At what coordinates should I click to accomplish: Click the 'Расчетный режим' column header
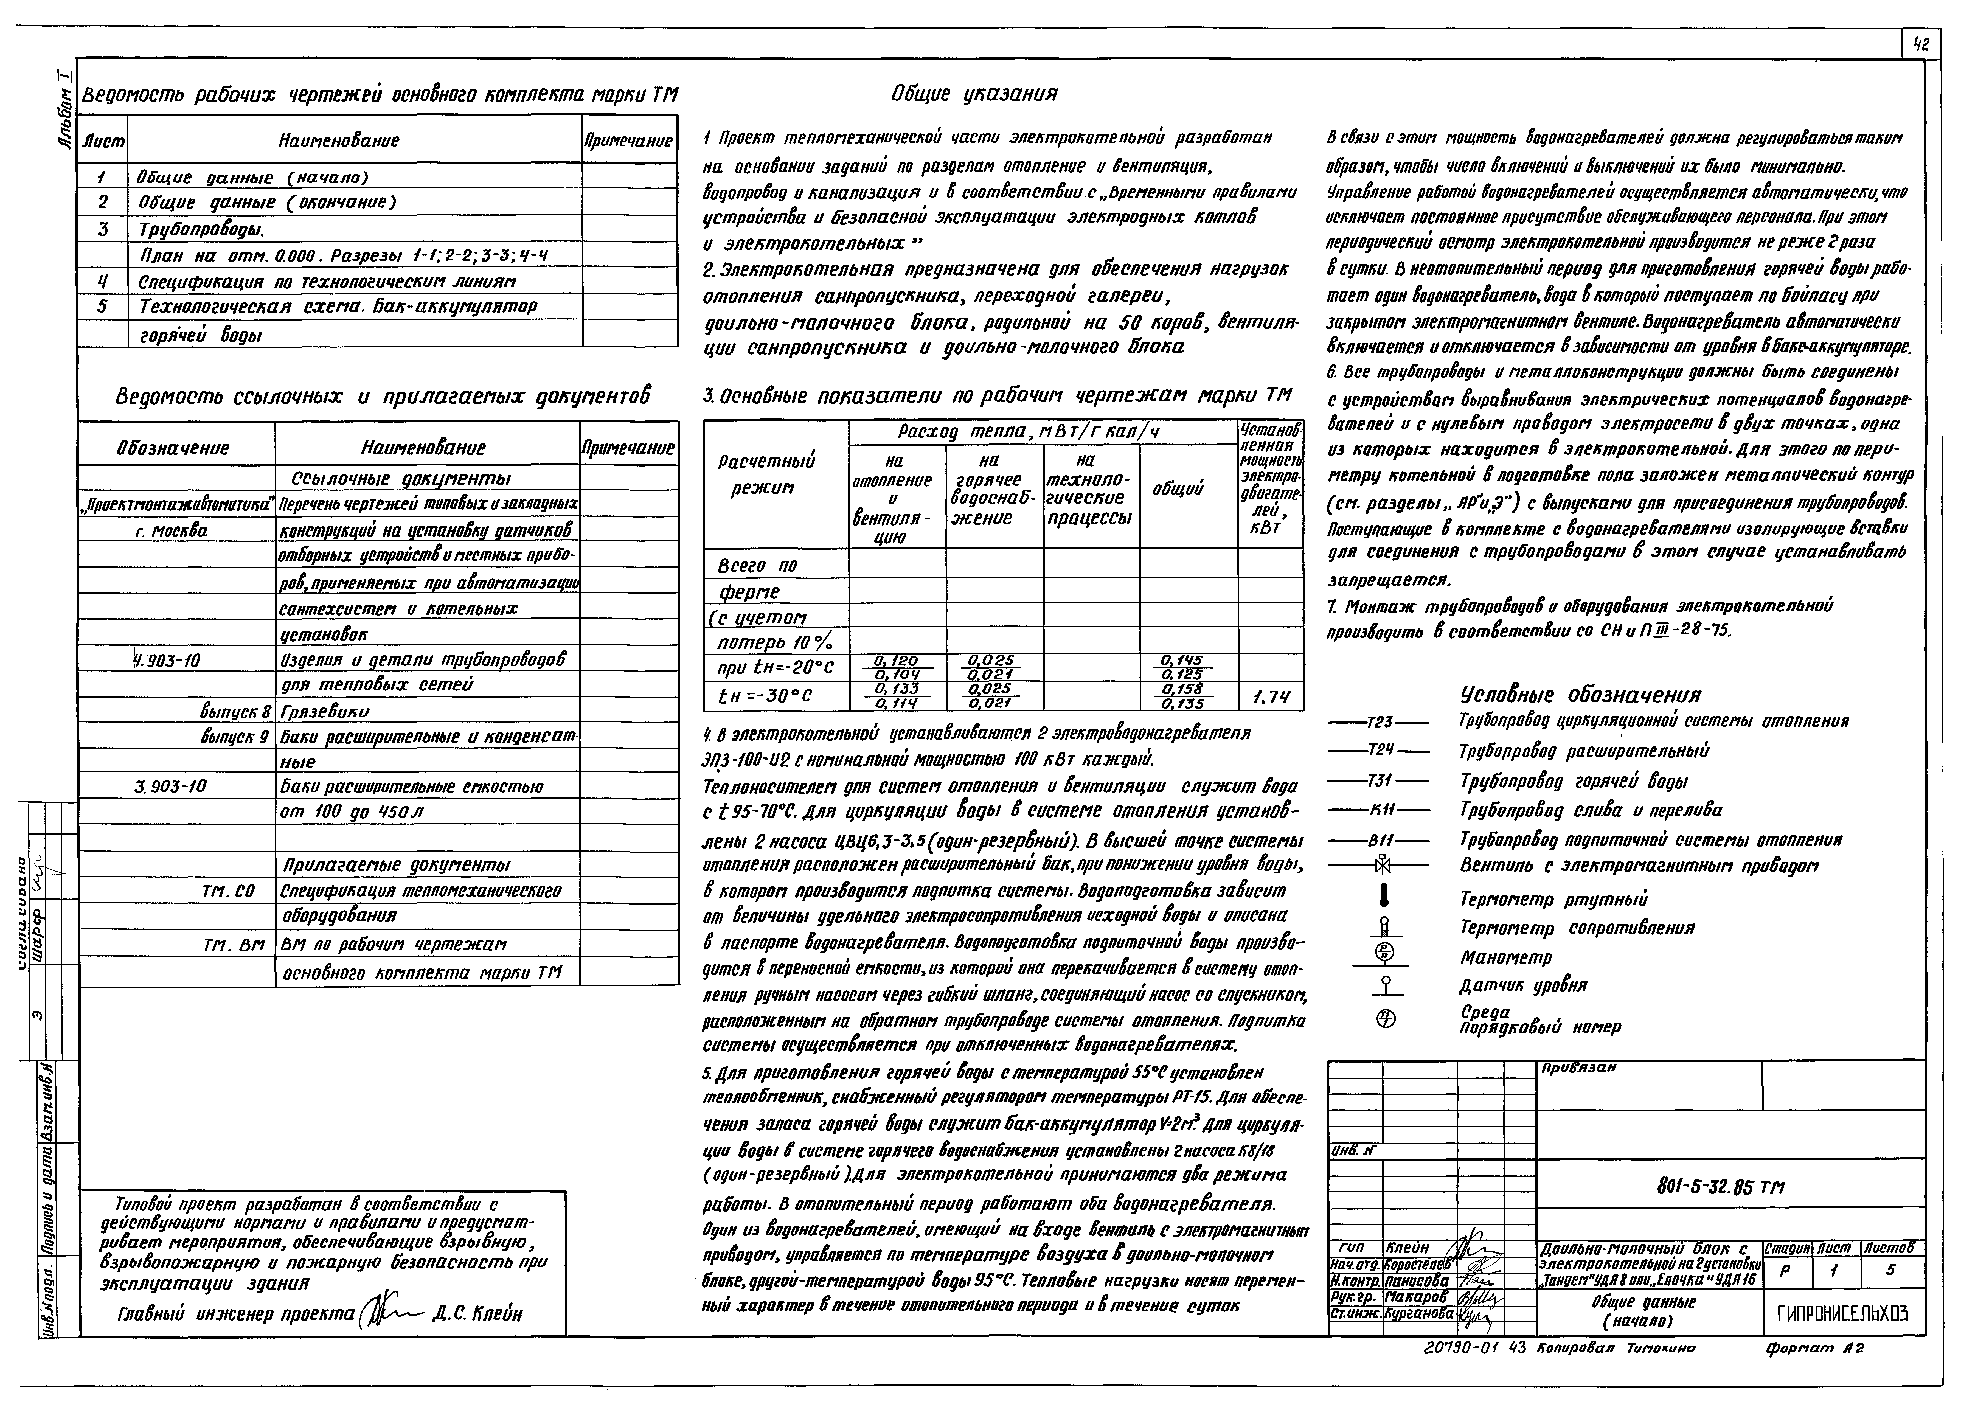[x=766, y=474]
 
